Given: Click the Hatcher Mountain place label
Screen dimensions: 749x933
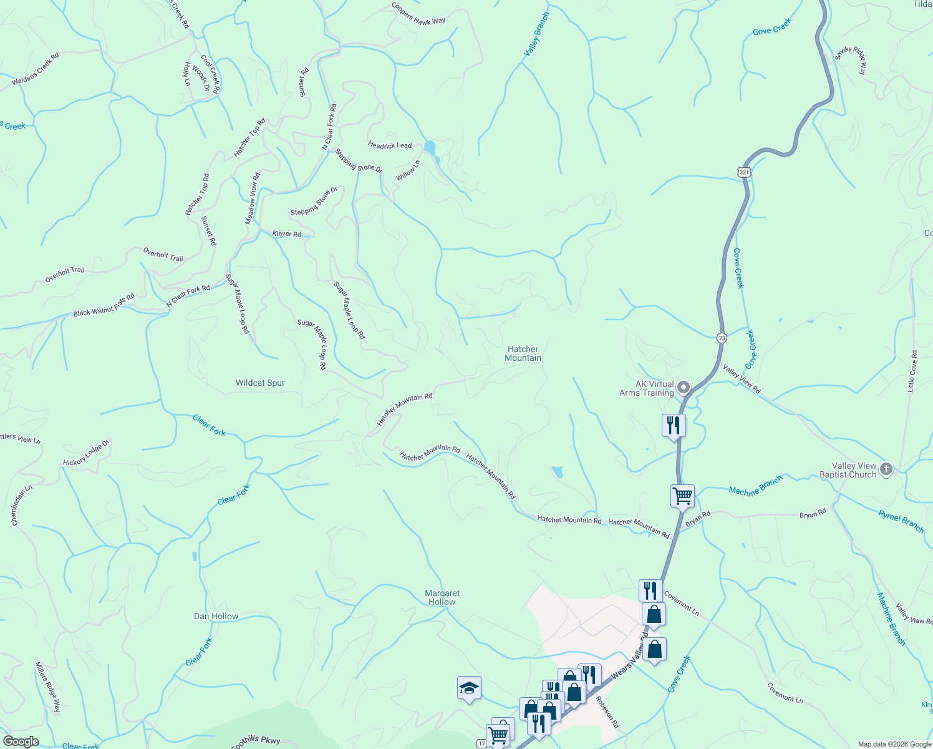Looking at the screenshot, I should pyautogui.click(x=523, y=353).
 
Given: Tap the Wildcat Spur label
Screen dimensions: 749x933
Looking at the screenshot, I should pyautogui.click(x=260, y=383).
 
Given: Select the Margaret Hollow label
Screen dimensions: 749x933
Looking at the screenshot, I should pyautogui.click(x=442, y=597).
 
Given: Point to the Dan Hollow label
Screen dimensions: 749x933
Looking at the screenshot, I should pyautogui.click(x=216, y=616).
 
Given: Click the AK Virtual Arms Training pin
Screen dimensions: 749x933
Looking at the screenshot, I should pyautogui.click(x=684, y=388).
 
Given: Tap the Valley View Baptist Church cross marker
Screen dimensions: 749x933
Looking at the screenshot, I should pyautogui.click(x=886, y=468).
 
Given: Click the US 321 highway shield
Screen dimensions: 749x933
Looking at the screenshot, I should pyautogui.click(x=743, y=172).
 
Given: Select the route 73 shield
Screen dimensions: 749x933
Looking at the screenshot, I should pyautogui.click(x=722, y=338).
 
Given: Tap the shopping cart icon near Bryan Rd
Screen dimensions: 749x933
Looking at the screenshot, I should pyautogui.click(x=682, y=496).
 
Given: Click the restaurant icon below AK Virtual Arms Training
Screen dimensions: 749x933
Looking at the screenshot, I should pyautogui.click(x=674, y=426).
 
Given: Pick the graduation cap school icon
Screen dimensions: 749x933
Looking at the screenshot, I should pyautogui.click(x=469, y=688).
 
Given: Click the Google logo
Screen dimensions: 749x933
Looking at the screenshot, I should pyautogui.click(x=21, y=742).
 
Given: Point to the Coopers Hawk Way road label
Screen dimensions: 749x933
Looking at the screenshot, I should pyautogui.click(x=418, y=14).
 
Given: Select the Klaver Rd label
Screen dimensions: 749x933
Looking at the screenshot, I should pyautogui.click(x=287, y=233).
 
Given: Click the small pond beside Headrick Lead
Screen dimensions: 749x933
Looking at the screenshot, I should pyautogui.click(x=429, y=148).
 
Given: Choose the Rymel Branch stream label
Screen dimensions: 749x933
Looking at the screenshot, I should pyautogui.click(x=901, y=521).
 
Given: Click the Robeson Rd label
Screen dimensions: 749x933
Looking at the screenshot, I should pyautogui.click(x=607, y=712).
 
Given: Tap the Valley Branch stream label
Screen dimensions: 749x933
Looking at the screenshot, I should pyautogui.click(x=536, y=34).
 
